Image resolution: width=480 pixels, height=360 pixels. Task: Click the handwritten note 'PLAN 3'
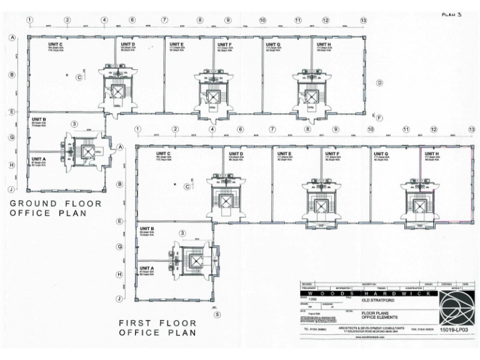(451, 14)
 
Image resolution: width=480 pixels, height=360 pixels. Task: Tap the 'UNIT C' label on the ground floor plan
(56, 44)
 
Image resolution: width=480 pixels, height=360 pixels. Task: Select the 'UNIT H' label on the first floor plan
(432, 154)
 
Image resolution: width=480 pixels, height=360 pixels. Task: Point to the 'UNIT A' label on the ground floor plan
(39, 159)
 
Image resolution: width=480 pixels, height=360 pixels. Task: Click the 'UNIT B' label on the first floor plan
(147, 229)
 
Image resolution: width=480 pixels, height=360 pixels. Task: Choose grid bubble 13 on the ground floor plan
(363, 21)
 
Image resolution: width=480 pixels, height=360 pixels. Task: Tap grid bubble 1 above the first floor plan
(137, 129)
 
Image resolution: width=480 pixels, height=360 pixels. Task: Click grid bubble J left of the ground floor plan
(11, 189)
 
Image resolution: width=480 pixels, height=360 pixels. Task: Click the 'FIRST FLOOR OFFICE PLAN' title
(157, 328)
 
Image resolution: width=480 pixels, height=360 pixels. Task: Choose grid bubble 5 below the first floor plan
(216, 314)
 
